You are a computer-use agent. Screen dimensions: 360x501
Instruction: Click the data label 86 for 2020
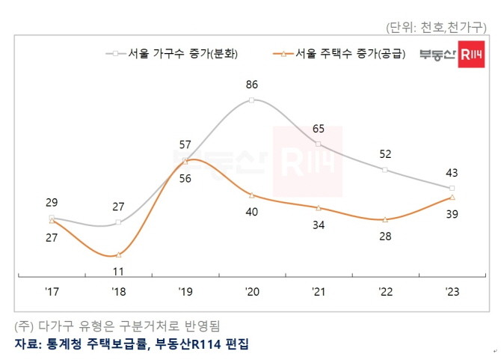coord(252,85)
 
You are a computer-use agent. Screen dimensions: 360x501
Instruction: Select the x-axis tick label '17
coord(51,290)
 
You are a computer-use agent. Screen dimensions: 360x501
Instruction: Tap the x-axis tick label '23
coord(452,290)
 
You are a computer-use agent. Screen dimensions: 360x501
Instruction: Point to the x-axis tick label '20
coord(251,290)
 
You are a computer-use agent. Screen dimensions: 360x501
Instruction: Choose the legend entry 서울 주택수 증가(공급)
coord(340,54)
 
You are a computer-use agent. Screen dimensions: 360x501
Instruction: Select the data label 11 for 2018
coord(118,272)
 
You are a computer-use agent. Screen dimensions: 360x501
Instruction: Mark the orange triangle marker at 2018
coord(118,254)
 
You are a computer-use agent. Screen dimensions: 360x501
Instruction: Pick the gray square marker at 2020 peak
coord(252,99)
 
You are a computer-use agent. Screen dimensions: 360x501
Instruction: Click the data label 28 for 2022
coord(385,237)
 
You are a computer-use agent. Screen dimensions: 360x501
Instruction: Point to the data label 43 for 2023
coord(452,172)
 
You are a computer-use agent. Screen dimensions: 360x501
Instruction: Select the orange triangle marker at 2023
coord(452,197)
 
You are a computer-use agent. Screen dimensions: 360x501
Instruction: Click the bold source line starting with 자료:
coord(131,344)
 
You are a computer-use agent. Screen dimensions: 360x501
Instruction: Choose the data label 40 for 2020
coord(252,212)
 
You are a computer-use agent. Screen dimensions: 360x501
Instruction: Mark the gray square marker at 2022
coord(385,170)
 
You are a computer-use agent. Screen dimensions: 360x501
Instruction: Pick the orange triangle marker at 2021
coord(319,207)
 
